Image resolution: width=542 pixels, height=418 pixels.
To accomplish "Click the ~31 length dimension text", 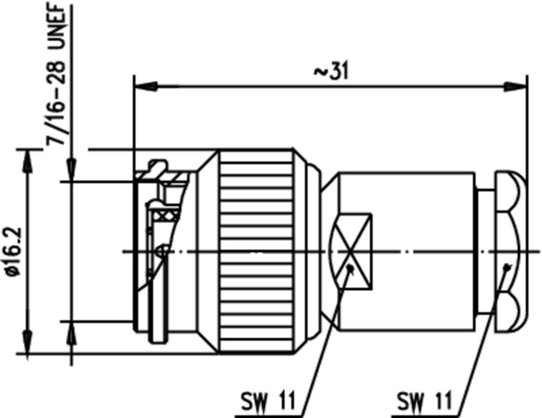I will pyautogui.click(x=332, y=72).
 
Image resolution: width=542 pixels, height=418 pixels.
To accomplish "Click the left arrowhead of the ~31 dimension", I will pyautogui.click(x=146, y=87).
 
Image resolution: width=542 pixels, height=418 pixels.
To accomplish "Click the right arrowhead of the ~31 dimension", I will pyautogui.click(x=516, y=87).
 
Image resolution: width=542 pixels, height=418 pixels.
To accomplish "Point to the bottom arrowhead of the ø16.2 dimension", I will pyautogui.click(x=27, y=342).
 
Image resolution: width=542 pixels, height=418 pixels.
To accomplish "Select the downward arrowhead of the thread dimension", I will pyautogui.click(x=72, y=170).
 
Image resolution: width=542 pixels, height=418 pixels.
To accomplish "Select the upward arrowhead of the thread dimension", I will pyautogui.click(x=72, y=333).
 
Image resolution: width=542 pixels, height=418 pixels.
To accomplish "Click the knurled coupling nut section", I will pyautogui.click(x=256, y=251).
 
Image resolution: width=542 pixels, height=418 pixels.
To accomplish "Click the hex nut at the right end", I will pyautogui.click(x=510, y=251).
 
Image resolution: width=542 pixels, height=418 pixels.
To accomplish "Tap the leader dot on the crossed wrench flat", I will pyautogui.click(x=350, y=267).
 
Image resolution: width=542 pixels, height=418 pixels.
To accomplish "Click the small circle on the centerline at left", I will pyautogui.click(x=162, y=252).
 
